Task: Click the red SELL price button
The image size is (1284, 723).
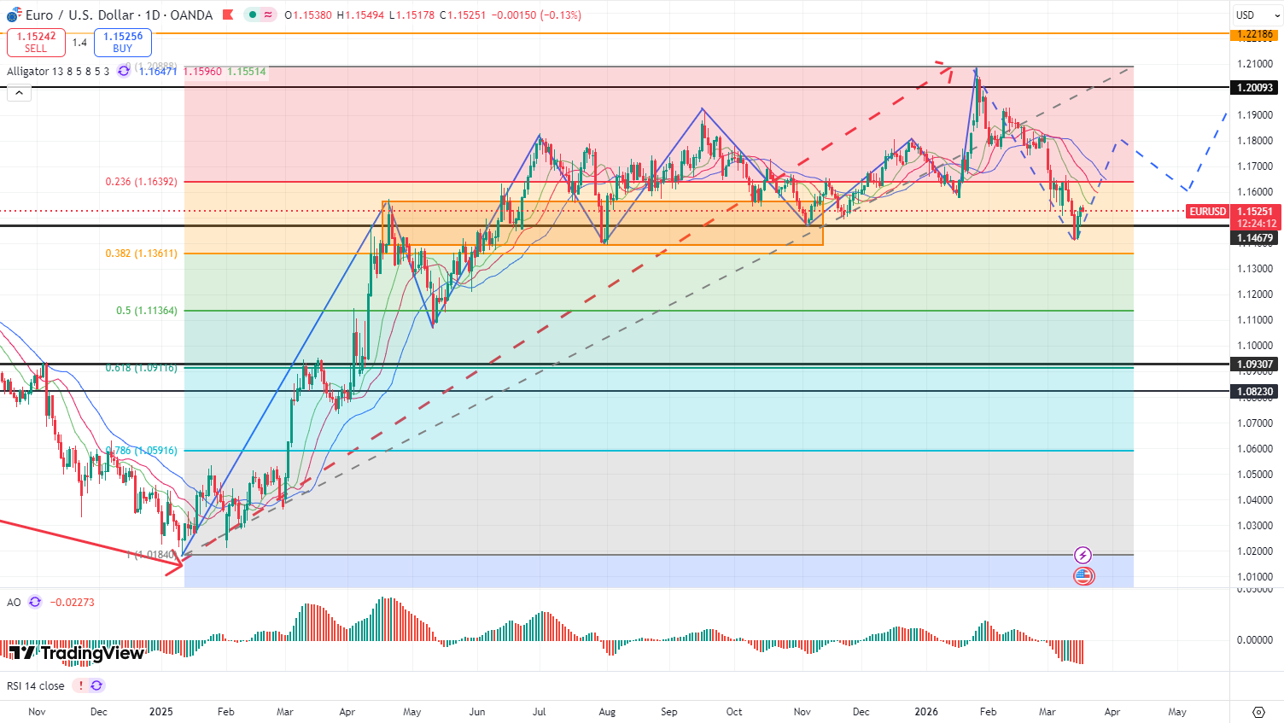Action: click(36, 43)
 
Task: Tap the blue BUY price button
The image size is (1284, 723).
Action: click(123, 43)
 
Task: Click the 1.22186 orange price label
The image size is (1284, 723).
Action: click(1255, 34)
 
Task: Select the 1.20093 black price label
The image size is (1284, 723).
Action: click(1255, 88)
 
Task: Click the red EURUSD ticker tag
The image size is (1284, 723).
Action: click(1208, 212)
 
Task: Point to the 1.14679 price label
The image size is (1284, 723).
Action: click(1255, 238)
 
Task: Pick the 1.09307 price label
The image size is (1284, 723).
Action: click(1255, 364)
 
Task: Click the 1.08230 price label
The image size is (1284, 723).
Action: click(1255, 392)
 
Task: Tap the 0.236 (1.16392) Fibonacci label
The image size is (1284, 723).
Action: click(141, 182)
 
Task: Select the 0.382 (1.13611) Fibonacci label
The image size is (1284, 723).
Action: click(141, 254)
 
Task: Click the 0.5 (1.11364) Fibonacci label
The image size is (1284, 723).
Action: click(147, 311)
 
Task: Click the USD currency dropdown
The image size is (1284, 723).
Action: click(1255, 15)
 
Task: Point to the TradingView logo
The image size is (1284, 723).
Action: click(77, 654)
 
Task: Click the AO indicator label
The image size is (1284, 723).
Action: click(14, 603)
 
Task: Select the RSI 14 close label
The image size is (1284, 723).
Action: click(36, 686)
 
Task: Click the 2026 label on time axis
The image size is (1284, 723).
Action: click(926, 712)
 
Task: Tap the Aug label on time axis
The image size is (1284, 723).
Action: click(607, 712)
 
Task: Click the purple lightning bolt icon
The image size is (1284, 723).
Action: click(1083, 556)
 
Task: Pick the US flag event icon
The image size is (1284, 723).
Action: click(1083, 576)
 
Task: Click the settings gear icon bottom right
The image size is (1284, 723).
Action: click(1258, 712)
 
